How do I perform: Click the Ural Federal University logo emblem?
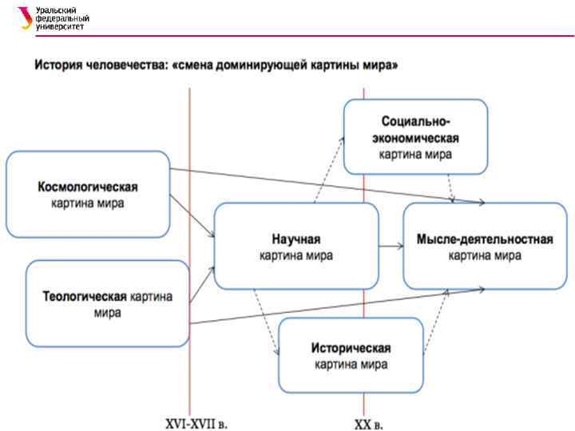(26, 18)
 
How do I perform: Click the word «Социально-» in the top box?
(415, 122)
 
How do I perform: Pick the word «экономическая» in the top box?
(415, 136)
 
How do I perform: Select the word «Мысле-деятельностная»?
(485, 239)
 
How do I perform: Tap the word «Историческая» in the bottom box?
(351, 349)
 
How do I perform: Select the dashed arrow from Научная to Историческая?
(266, 322)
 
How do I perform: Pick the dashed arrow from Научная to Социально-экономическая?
(328, 168)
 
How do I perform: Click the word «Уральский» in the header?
(57, 10)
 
